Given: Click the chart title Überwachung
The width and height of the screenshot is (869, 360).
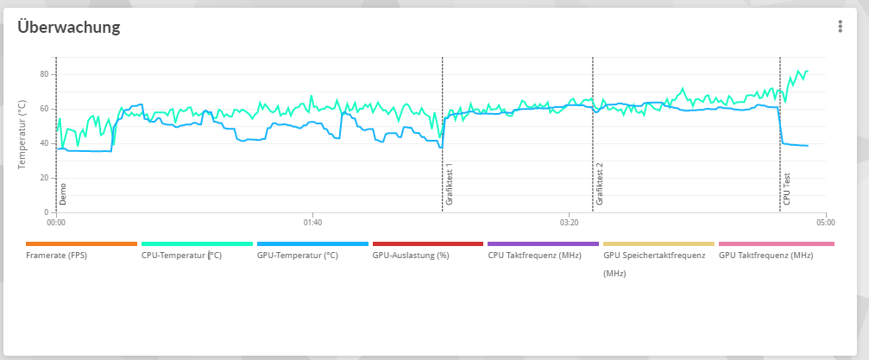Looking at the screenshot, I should (x=69, y=27).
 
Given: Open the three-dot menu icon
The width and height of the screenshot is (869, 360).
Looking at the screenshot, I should (x=840, y=27).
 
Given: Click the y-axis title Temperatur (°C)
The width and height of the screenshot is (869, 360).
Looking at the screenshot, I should (x=22, y=134).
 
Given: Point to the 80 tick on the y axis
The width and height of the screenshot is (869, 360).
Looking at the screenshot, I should (x=44, y=74).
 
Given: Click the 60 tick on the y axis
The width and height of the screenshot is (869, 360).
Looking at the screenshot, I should (x=44, y=109).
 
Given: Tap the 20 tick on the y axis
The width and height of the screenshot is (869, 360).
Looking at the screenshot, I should (x=44, y=178).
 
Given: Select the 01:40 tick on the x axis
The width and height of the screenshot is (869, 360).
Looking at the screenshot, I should (x=312, y=223).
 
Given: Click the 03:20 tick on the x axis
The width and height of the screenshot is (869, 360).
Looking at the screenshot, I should (x=569, y=223).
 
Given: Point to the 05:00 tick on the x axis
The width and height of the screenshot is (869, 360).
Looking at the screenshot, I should (x=826, y=223).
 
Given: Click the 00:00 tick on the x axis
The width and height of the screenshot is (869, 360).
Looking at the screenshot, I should (x=56, y=223).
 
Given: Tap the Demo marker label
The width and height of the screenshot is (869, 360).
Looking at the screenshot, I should (x=63, y=193).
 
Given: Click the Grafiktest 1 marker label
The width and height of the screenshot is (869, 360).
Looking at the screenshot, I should (x=450, y=185).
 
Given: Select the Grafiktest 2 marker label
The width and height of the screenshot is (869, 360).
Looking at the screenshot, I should (x=600, y=183).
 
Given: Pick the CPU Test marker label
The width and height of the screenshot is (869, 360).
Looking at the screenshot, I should (x=787, y=188).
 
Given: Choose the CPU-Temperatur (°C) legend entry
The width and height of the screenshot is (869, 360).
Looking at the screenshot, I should (x=181, y=256).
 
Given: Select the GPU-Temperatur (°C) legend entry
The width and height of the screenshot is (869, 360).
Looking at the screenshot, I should (x=298, y=256).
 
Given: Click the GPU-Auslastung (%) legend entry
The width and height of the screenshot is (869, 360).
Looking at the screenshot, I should (x=411, y=256).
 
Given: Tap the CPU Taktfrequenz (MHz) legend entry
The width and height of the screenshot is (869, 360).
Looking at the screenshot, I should (x=532, y=256).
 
